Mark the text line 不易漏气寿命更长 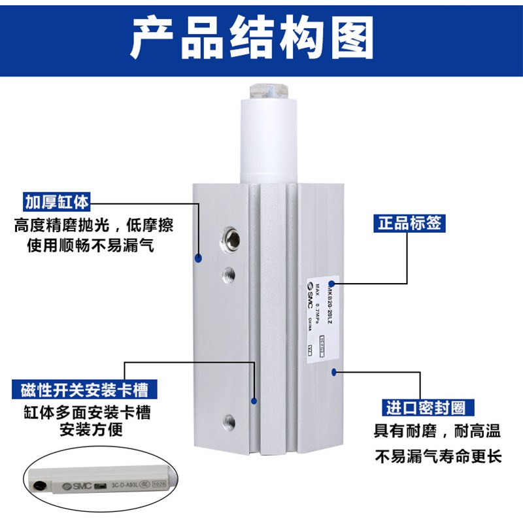click(x=438, y=455)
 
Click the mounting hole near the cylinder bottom click(x=229, y=419)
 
